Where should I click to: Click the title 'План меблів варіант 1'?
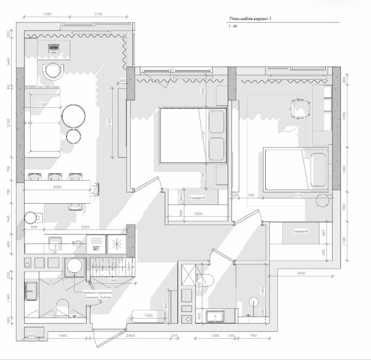250,19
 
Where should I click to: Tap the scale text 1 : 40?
233,26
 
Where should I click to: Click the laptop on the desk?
54,49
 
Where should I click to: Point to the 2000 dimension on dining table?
57,187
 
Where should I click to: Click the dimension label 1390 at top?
47,14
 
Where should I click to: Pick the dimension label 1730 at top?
98,14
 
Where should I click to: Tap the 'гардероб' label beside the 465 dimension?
198,198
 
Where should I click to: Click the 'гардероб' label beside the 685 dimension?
301,231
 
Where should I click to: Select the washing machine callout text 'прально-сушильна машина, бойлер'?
97,295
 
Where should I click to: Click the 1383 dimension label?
113,281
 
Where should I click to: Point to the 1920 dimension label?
301,274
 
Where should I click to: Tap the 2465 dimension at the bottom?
130,336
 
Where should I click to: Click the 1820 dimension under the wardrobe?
198,214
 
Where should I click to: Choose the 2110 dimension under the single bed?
298,195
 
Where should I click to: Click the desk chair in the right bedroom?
300,108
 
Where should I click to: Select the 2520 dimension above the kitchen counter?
85,227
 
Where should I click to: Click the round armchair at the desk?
53,71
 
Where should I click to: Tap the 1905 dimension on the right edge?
344,116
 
